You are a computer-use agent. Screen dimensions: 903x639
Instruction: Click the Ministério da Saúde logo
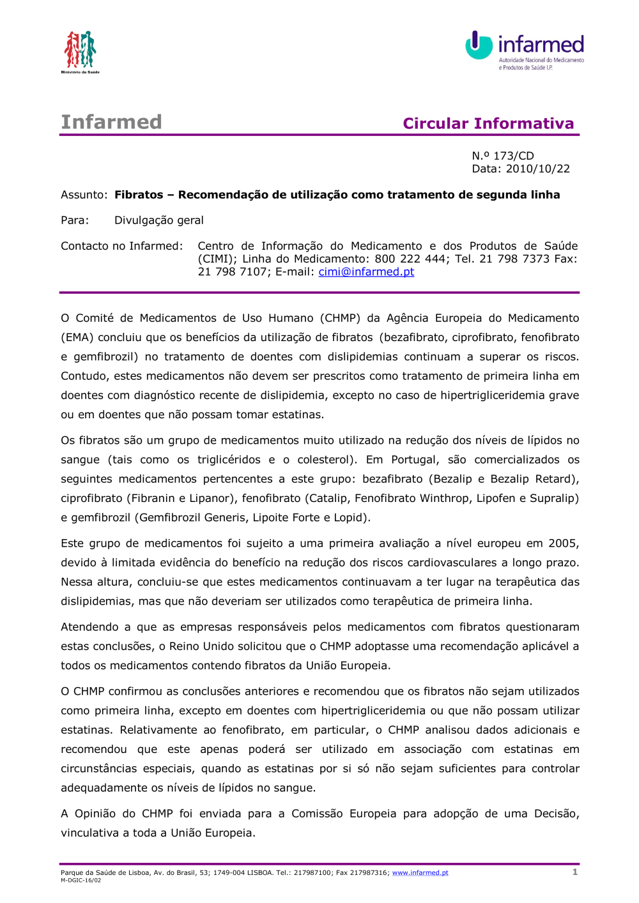pos(80,51)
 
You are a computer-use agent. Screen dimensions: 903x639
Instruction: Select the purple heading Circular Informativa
pos(488,123)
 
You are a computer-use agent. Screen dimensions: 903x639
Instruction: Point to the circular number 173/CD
pos(514,156)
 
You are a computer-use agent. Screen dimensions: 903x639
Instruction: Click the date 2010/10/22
pos(537,169)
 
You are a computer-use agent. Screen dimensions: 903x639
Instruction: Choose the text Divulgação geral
pos(159,220)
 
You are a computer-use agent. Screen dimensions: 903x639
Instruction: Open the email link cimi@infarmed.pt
pos(366,271)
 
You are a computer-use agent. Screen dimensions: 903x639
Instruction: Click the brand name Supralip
pos(554,498)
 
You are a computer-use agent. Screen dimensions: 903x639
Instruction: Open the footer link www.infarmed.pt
pos(420,873)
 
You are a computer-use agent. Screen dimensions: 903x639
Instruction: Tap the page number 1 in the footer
pos(575,872)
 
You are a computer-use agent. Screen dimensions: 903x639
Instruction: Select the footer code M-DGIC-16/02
pos(81,880)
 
